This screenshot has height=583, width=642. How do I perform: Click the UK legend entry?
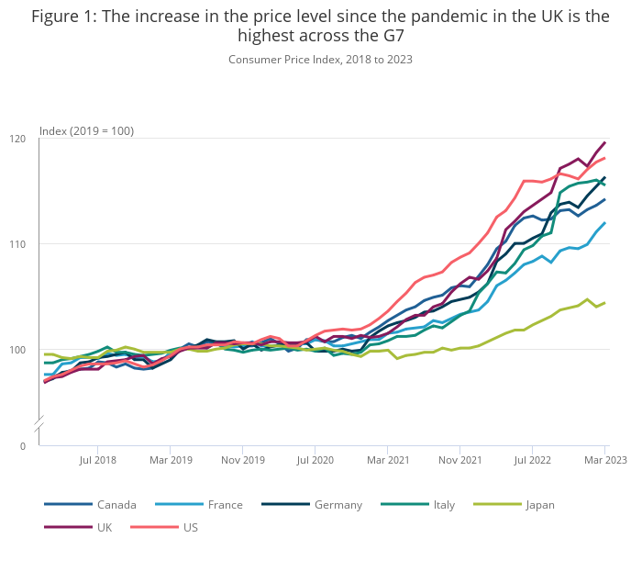click(104, 527)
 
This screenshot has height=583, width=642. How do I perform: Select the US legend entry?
click(190, 527)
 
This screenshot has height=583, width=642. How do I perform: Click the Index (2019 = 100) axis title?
click(86, 130)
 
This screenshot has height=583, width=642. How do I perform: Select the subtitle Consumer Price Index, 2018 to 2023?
click(320, 60)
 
